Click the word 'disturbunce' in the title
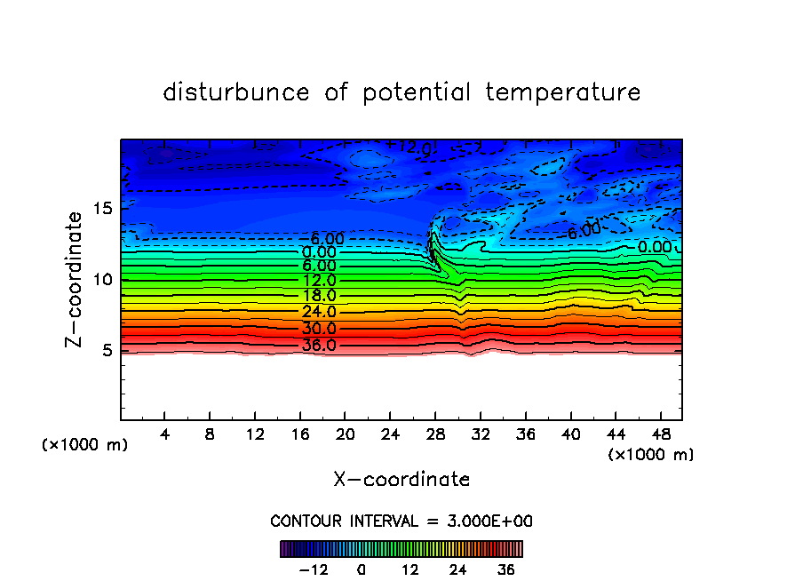236,92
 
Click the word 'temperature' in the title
562,92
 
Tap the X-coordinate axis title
401,480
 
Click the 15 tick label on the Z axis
101,209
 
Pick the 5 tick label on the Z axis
106,350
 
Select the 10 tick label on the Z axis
101,280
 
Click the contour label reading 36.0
319,345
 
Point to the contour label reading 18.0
319,295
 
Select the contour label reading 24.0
319,312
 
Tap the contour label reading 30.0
319,329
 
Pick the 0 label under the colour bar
362,569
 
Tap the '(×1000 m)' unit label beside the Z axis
85,445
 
